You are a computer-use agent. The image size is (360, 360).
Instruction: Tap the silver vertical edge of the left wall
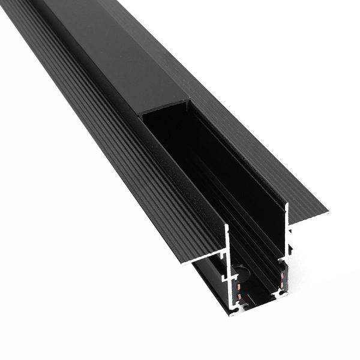tap(227, 252)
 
